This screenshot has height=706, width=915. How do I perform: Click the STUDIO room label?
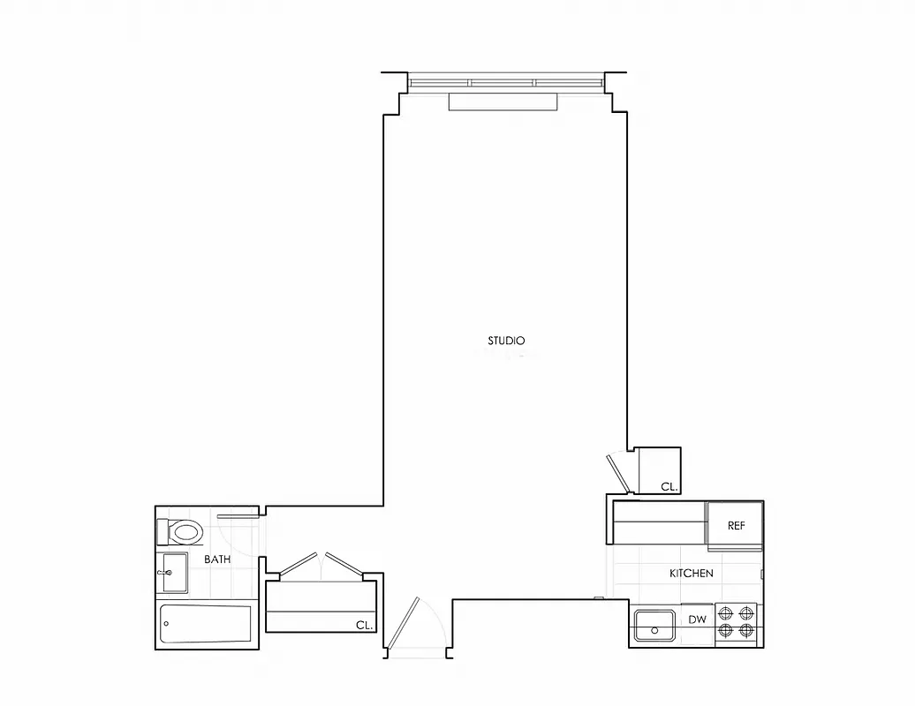pyautogui.click(x=507, y=341)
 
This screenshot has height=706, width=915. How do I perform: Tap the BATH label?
pyautogui.click(x=218, y=560)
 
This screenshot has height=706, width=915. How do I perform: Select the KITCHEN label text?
pyautogui.click(x=691, y=574)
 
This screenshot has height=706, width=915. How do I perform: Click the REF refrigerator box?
pyautogui.click(x=736, y=525)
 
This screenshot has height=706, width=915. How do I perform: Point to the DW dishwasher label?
pyautogui.click(x=697, y=620)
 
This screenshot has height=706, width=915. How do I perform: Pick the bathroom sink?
pyautogui.click(x=174, y=573)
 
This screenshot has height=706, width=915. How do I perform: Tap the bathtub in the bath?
pyautogui.click(x=205, y=625)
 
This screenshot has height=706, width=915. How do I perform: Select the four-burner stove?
pyautogui.click(x=736, y=621)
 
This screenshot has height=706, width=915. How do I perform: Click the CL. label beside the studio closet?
pyautogui.click(x=669, y=486)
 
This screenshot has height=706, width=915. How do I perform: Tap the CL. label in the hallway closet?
pyautogui.click(x=364, y=625)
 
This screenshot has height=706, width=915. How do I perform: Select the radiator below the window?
pyautogui.click(x=503, y=102)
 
